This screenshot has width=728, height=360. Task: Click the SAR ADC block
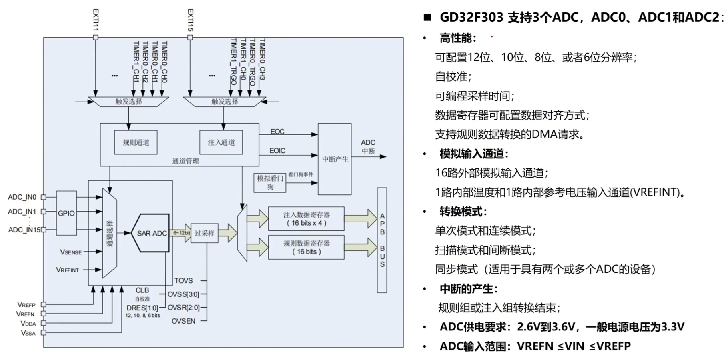(x=152, y=233)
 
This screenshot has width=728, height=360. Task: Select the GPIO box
(x=66, y=213)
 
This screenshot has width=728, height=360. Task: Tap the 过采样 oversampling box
(x=205, y=233)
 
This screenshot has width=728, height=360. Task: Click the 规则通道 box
(x=136, y=142)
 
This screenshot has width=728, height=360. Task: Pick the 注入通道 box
(x=221, y=142)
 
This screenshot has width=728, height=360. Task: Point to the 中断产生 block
(x=335, y=159)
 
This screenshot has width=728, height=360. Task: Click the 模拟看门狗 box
(x=270, y=183)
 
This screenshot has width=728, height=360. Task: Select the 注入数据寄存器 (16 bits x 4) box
(x=306, y=219)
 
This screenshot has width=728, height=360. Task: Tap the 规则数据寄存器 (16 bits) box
(x=306, y=247)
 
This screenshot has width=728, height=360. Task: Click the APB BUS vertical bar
(x=382, y=240)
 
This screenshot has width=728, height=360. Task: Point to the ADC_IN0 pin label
(x=22, y=197)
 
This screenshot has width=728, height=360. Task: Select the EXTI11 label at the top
(x=96, y=20)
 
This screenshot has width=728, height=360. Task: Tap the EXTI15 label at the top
(x=190, y=20)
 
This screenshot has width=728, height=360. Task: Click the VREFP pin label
(x=26, y=305)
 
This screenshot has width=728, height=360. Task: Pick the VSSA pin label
(x=28, y=333)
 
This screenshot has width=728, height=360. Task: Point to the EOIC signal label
(x=277, y=151)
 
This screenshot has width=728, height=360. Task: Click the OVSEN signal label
(x=183, y=321)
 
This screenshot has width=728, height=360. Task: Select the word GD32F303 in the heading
(x=471, y=18)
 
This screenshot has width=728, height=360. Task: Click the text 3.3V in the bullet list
(x=672, y=327)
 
